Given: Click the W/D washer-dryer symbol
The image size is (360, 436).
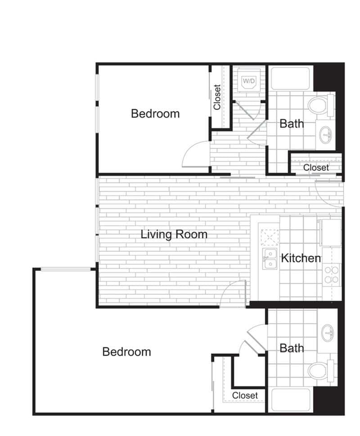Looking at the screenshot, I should coord(249,82).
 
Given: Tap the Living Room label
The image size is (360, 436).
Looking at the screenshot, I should coord(174,235).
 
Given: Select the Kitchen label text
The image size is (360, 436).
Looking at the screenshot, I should coord(301,258).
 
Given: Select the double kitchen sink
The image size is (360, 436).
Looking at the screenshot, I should coord(270,259).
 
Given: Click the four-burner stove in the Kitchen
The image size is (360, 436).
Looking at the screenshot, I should coord(332,275).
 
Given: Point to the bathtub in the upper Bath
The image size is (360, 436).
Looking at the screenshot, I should coord(290,78).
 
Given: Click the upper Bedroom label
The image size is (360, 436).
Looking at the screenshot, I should coord(155,114).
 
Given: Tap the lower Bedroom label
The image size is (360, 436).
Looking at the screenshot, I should coord(126,351).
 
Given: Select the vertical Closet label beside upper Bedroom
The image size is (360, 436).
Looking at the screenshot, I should coord(217,97).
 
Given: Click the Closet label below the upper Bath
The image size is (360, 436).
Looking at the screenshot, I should coord(316,168).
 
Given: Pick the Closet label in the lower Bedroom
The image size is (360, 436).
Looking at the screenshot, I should coord(245,395).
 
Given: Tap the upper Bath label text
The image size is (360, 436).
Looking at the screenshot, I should coord(292,123).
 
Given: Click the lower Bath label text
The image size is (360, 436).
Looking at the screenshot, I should coord(292,348).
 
